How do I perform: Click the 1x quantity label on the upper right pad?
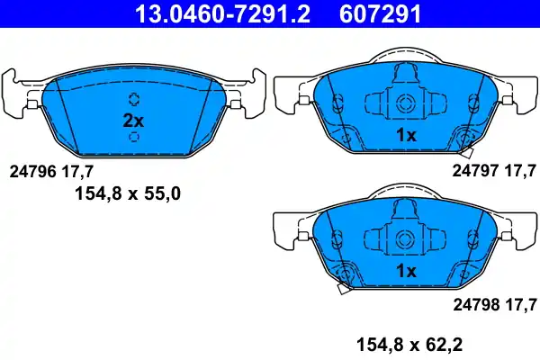click(x=406, y=135)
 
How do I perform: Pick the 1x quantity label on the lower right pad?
click(x=406, y=271)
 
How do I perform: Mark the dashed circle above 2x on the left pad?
click(x=134, y=99)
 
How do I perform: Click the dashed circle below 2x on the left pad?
click(x=134, y=137)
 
